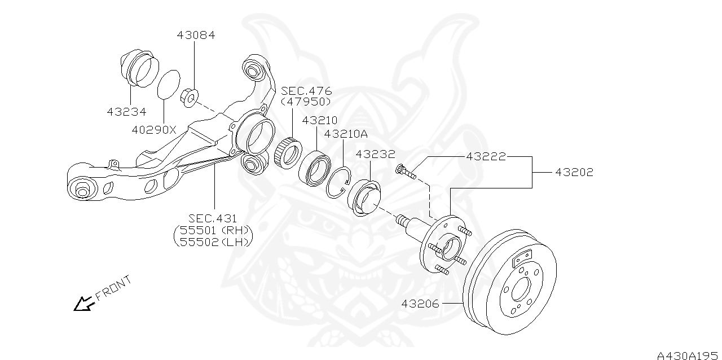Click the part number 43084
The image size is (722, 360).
pos(196,35)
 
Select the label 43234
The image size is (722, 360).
pos(126,112)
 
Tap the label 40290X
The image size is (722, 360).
pos(154,129)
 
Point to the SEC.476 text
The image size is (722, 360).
pos(306,91)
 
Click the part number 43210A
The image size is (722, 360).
pos(346,134)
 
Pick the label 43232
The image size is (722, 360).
pos(375,153)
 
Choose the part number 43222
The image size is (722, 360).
pos(486,156)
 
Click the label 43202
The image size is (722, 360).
pos(574,172)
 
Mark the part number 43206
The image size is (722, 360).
pos(420,304)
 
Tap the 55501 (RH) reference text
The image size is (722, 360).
pos(214,230)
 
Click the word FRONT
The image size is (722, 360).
pos(113,287)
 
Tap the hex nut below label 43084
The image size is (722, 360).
pos(190,99)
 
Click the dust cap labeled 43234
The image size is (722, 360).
pos(137,70)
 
